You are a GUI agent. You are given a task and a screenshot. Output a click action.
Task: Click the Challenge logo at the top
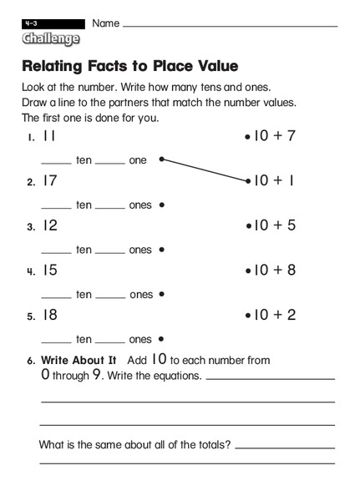click(51, 38)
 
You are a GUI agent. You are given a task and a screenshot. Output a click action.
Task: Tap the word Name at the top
click(105, 23)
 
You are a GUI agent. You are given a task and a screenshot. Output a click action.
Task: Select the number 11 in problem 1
click(49, 135)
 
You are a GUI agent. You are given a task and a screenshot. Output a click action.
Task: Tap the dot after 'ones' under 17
click(160, 205)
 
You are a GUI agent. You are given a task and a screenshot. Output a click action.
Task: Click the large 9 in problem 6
click(96, 375)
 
